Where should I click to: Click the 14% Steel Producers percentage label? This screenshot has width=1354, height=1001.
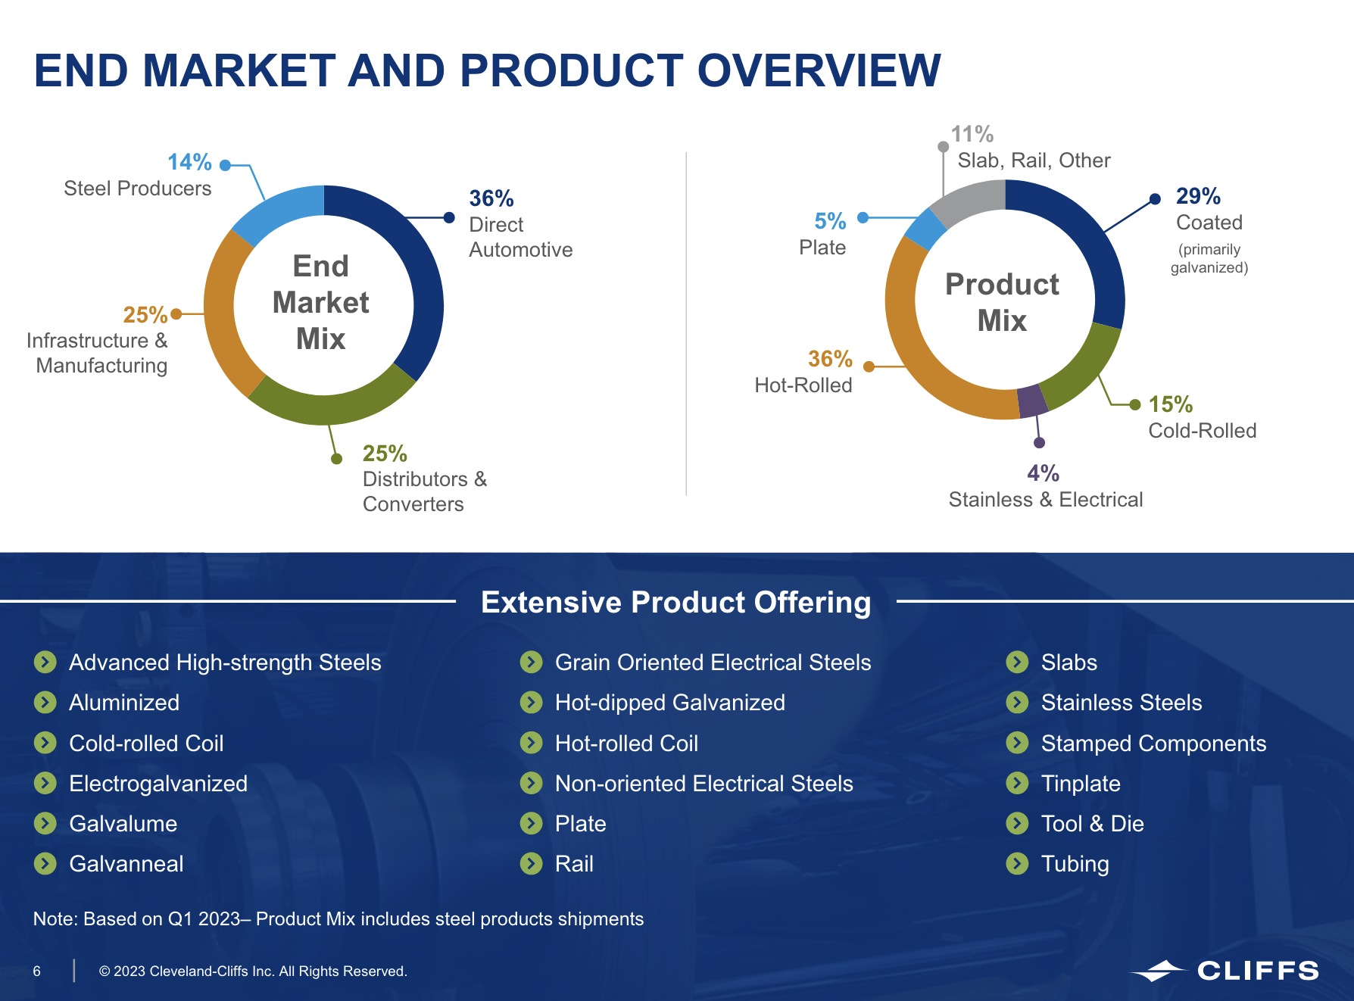(189, 162)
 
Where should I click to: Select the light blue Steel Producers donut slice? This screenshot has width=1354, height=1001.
(276, 211)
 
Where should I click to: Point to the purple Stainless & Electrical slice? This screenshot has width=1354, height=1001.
(1031, 401)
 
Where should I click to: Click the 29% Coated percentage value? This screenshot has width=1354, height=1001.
(1198, 196)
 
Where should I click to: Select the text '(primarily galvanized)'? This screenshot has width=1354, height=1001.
(1209, 258)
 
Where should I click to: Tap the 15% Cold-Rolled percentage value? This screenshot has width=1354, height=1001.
(1170, 404)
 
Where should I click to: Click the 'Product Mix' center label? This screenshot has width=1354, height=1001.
(1002, 302)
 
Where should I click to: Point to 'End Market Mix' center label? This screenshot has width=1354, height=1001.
(321, 302)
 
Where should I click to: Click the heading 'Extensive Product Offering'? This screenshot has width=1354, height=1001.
(676, 602)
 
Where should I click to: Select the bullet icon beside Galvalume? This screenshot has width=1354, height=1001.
(45, 823)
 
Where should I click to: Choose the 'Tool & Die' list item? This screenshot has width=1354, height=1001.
(1092, 823)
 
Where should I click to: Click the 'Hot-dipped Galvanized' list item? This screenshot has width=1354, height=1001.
(669, 703)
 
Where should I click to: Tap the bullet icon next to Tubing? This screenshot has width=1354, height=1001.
(1017, 863)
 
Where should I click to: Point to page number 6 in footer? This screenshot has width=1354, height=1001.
(36, 971)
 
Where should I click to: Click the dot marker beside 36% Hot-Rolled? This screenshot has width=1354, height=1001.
(869, 366)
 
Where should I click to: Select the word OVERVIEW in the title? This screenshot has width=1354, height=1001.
(819, 71)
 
